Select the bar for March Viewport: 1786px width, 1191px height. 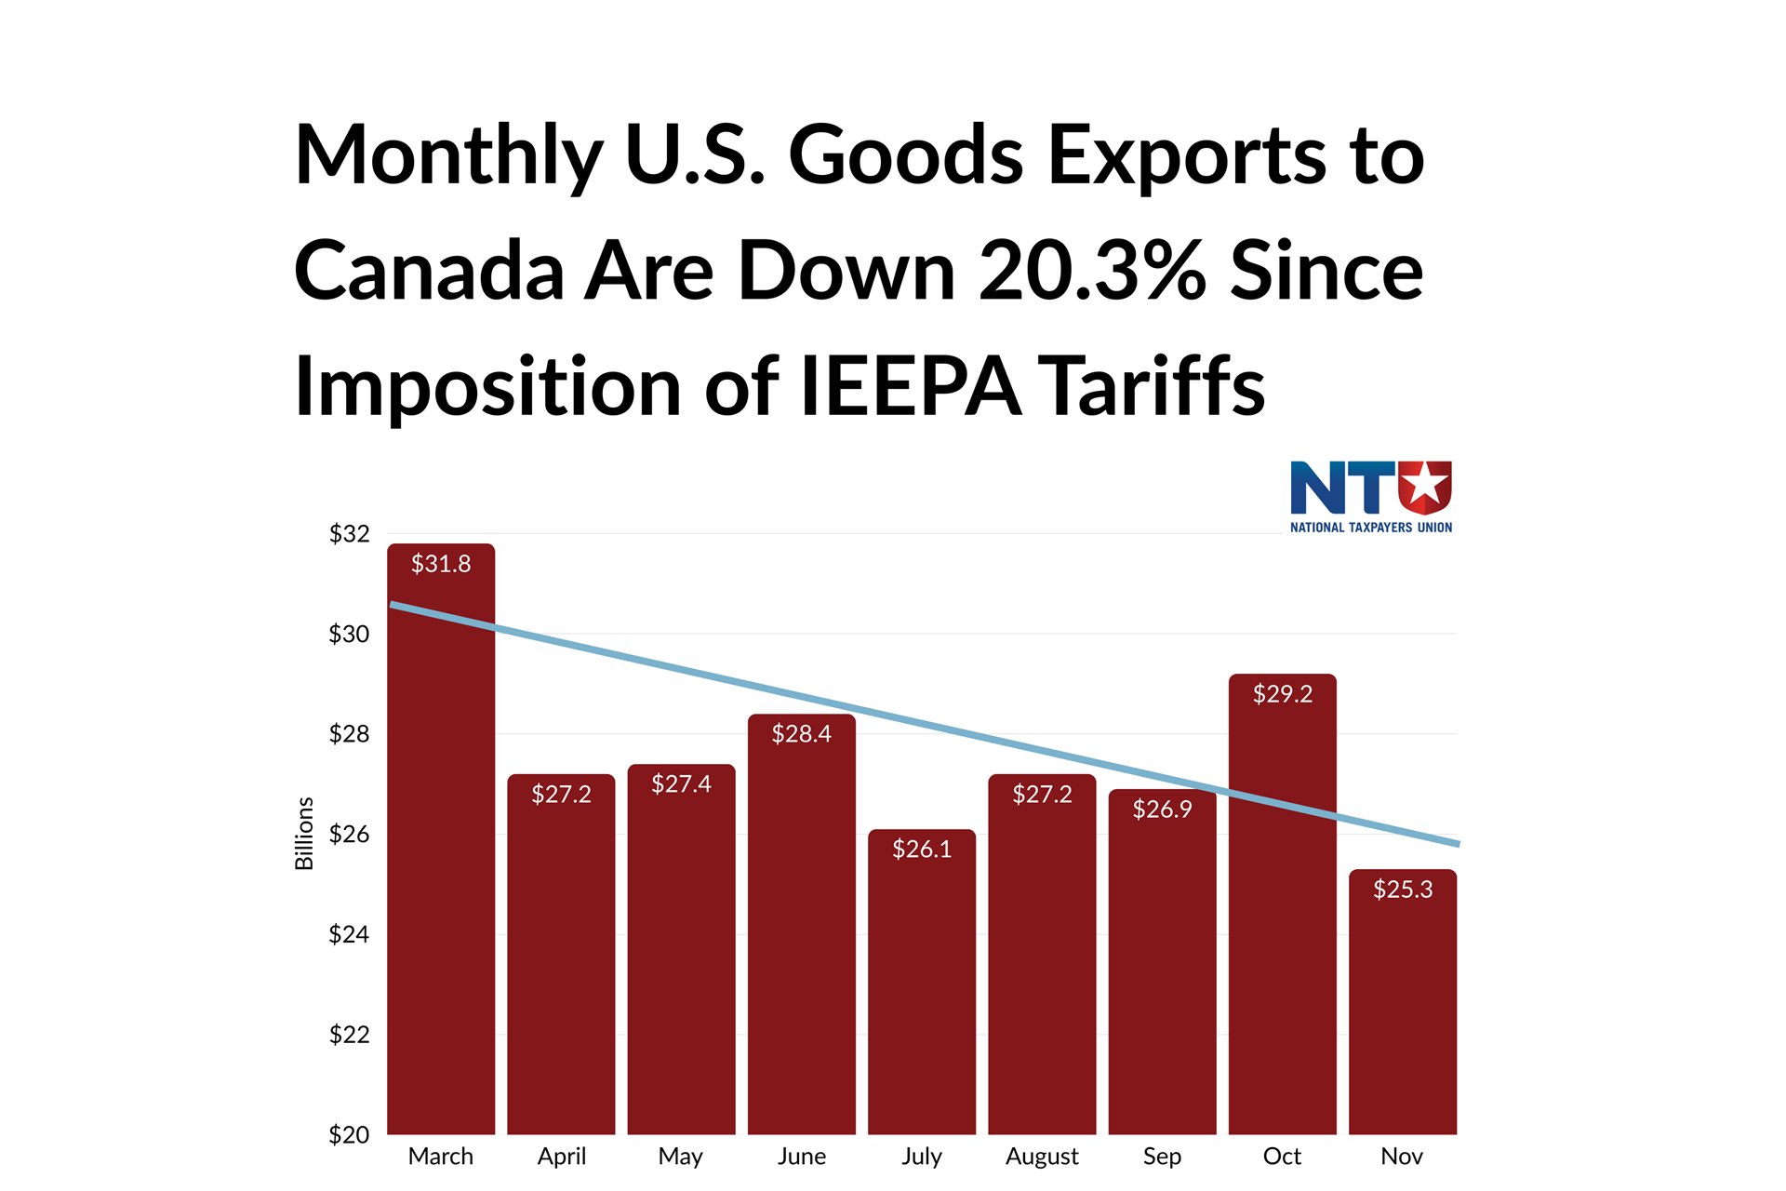pos(441,837)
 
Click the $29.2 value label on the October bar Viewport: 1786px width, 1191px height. pos(1282,694)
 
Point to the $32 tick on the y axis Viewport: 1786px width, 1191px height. pos(349,534)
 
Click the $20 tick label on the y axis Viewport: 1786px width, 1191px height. pos(349,1134)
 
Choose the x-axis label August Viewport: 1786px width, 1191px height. pos(1042,1157)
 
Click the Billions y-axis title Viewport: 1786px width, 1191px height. pos(304,834)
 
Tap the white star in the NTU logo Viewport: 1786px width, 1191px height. pos(1424,485)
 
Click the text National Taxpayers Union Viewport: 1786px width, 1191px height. pos(1370,528)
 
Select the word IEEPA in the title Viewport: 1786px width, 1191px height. pos(910,386)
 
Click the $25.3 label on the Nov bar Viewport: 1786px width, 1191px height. pos(1403,890)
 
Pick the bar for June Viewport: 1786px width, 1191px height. pos(801,930)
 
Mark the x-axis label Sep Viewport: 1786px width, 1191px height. pos(1162,1157)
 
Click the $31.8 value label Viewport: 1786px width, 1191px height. pos(441,564)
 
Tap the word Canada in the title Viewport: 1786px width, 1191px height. pos(429,271)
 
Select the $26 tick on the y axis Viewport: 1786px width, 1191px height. pos(349,835)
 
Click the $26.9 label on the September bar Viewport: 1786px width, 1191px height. pos(1162,810)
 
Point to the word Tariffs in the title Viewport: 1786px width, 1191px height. pos(1151,386)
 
